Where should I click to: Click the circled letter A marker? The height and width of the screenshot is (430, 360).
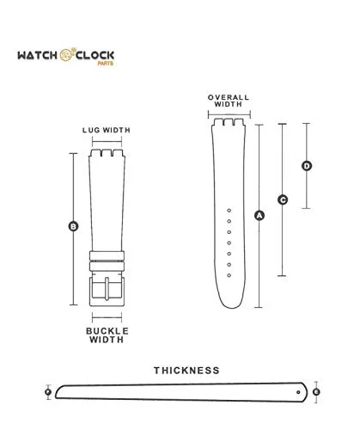(259, 215)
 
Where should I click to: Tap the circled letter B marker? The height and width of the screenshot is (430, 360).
(73, 226)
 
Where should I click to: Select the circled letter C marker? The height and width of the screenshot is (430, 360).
(283, 200)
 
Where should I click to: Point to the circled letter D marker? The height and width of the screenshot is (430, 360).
(307, 166)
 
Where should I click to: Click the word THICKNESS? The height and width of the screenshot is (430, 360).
(186, 371)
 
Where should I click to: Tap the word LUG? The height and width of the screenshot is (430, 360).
(91, 130)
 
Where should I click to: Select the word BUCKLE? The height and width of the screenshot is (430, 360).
(107, 331)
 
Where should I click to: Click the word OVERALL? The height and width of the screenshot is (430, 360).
(229, 97)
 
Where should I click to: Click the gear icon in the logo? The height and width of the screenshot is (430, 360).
(67, 54)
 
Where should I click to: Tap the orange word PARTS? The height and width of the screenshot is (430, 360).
(106, 64)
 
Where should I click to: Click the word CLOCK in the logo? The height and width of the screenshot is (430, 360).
(95, 55)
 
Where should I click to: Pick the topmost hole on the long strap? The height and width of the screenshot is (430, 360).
(229, 211)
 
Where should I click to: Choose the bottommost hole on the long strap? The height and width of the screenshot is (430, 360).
(229, 275)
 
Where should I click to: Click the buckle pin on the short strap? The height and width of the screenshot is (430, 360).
(107, 288)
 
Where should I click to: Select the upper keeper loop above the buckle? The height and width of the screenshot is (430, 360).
(107, 255)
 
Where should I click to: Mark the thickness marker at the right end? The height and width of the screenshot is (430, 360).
(316, 392)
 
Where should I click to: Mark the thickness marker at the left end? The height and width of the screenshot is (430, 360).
(48, 392)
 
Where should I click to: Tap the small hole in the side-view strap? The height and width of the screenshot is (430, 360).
(298, 392)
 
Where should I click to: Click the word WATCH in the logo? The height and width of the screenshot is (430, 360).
(38, 55)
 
